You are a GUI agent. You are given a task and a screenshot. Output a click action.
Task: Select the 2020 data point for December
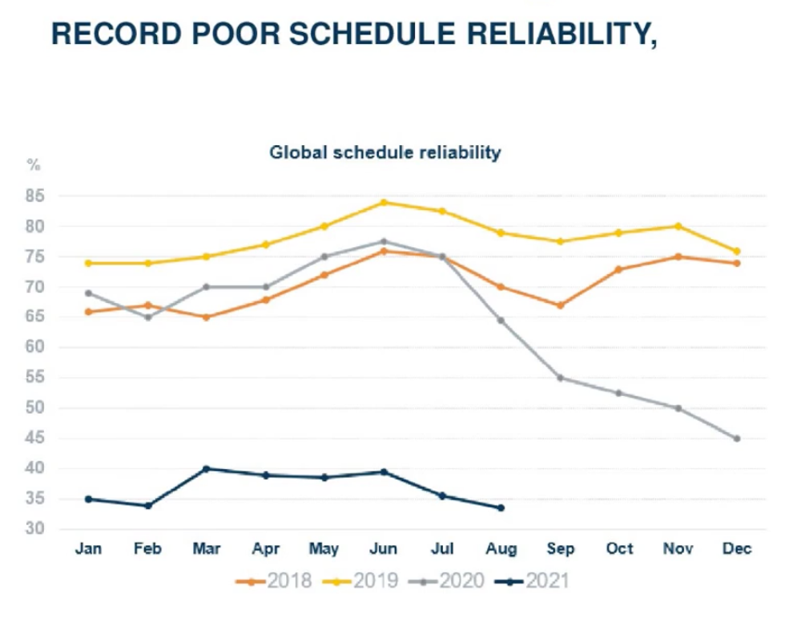(x=737, y=439)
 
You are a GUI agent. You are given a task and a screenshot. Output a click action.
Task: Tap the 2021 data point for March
(x=206, y=468)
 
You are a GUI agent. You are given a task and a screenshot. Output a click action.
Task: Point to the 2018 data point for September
(x=560, y=305)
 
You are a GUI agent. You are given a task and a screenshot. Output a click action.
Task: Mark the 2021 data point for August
(x=501, y=508)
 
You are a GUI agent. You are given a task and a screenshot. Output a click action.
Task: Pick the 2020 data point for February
(x=147, y=317)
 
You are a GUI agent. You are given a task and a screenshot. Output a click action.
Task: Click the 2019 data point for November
(x=678, y=226)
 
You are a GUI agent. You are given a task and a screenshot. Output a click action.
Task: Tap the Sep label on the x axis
(x=561, y=549)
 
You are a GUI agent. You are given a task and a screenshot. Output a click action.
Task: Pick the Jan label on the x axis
(x=88, y=549)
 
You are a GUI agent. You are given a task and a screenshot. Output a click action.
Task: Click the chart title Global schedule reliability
(x=384, y=152)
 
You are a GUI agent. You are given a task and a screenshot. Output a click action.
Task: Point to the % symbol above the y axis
(x=34, y=164)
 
